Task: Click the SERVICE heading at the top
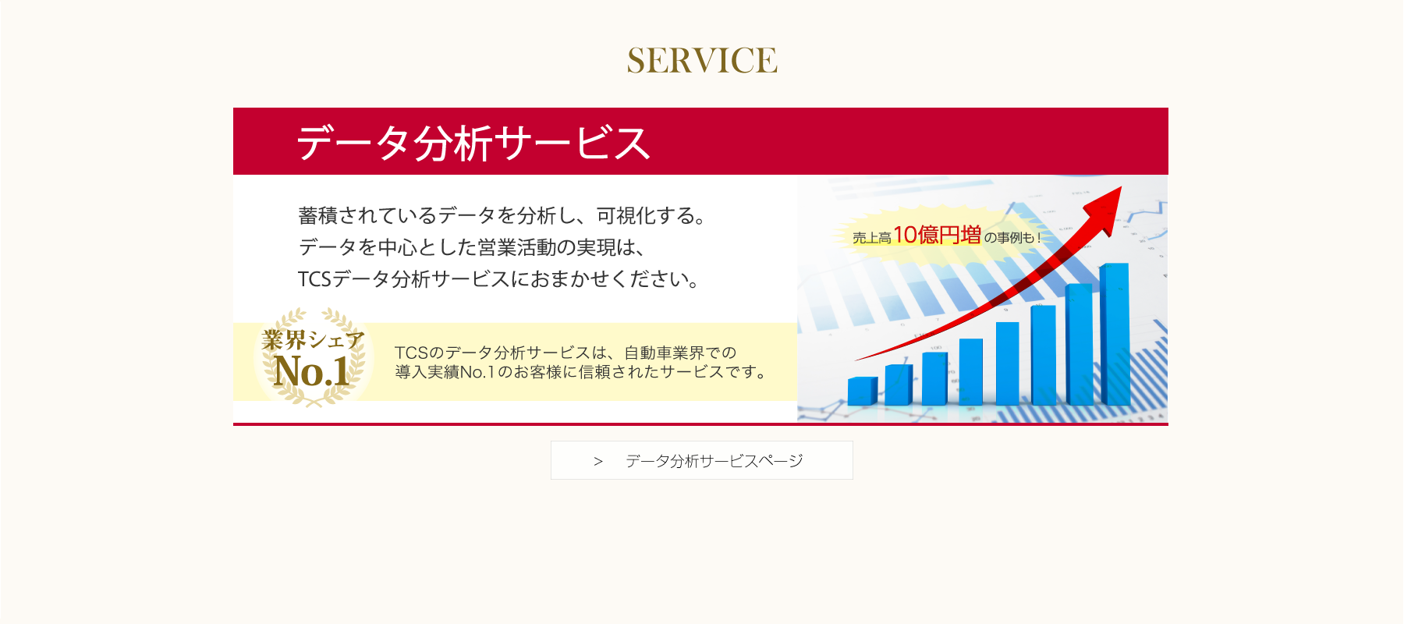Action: (702, 61)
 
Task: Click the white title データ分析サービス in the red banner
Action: (473, 143)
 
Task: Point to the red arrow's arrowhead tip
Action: (1121, 186)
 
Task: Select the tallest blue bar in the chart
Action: (1114, 334)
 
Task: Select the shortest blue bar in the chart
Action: (862, 391)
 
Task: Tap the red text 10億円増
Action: (937, 235)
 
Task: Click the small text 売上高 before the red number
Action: (871, 238)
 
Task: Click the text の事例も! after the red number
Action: (1012, 238)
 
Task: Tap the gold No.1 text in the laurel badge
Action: (311, 370)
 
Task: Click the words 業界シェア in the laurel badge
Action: (313, 339)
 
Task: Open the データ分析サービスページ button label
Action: (714, 461)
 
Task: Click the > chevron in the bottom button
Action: (598, 462)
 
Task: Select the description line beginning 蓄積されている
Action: (502, 215)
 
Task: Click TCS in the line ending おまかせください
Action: (315, 279)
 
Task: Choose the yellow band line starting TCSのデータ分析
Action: (565, 353)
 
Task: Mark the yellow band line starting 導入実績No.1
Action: (581, 372)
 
